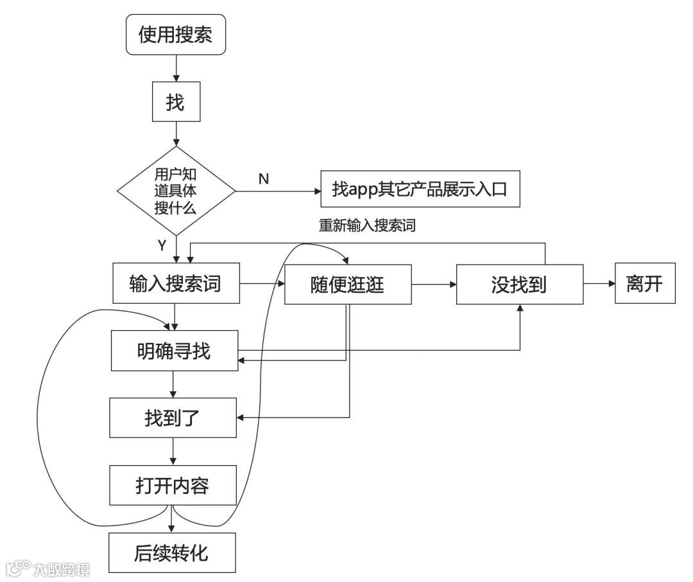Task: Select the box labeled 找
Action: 175,101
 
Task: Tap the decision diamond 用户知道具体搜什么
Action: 175,191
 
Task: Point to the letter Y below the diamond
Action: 162,245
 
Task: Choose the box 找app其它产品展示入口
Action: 420,190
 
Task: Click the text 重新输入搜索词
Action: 368,225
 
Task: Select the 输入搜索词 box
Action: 175,283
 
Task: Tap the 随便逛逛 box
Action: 348,283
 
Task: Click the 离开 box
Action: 644,283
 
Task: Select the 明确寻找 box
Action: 174,351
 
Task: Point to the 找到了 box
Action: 173,418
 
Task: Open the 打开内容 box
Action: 173,486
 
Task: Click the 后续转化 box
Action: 172,552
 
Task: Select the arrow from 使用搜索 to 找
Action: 175,67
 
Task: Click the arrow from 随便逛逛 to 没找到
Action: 434,283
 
